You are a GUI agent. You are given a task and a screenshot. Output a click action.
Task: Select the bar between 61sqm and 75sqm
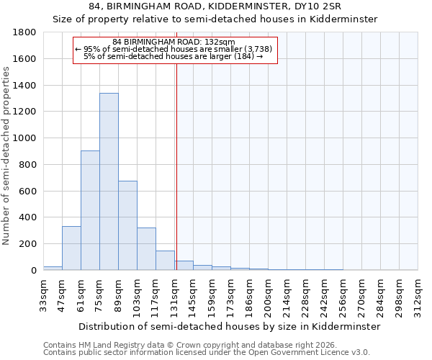pos(90,210)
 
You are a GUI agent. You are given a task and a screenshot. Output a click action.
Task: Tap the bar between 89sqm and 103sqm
pos(127,225)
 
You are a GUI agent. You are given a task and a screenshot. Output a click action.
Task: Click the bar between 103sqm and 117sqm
pos(146,249)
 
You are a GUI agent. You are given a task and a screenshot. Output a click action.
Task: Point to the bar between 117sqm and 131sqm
pos(165,261)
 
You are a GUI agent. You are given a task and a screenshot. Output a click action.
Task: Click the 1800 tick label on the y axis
pos(26,32)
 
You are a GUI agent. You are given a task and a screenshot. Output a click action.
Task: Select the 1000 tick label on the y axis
pos(26,138)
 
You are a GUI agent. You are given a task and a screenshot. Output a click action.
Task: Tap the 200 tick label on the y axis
pos(29,244)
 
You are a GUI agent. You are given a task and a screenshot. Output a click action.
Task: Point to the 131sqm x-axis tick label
pos(174,294)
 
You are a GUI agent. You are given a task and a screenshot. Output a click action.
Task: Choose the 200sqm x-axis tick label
pos(268,294)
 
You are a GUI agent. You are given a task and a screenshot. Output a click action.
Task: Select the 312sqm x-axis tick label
pos(418,294)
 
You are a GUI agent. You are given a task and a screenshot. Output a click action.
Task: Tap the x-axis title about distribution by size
pos(229,326)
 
